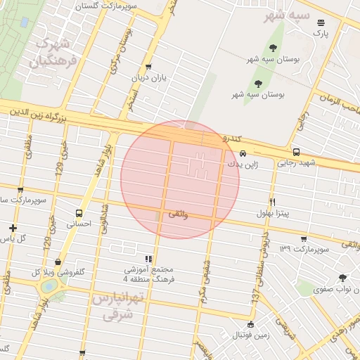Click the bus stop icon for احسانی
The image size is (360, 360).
pyautogui.click(x=79, y=213)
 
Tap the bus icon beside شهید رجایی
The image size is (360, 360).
pyautogui.click(x=296, y=152)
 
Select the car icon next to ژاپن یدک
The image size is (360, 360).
pyautogui.click(x=243, y=153)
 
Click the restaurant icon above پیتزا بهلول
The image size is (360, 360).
pyautogui.click(x=272, y=200)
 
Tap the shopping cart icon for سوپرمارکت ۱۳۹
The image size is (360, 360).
pyautogui.click(x=303, y=239)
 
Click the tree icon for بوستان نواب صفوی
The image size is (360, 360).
pyautogui.click(x=342, y=278)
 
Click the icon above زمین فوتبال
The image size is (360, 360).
pyautogui.click(x=251, y=324)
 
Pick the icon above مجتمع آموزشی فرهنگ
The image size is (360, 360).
pyautogui.click(x=148, y=259)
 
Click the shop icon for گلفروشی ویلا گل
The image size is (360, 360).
pyautogui.click(x=57, y=262)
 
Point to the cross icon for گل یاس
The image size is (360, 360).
pyautogui.click(x=13, y=228)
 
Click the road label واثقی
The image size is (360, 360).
pyautogui.click(x=177, y=214)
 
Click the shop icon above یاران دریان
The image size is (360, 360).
pyautogui.click(x=148, y=67)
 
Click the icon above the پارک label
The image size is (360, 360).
pyautogui.click(x=321, y=22)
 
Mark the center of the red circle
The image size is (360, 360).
pyautogui.click(x=180, y=179)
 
